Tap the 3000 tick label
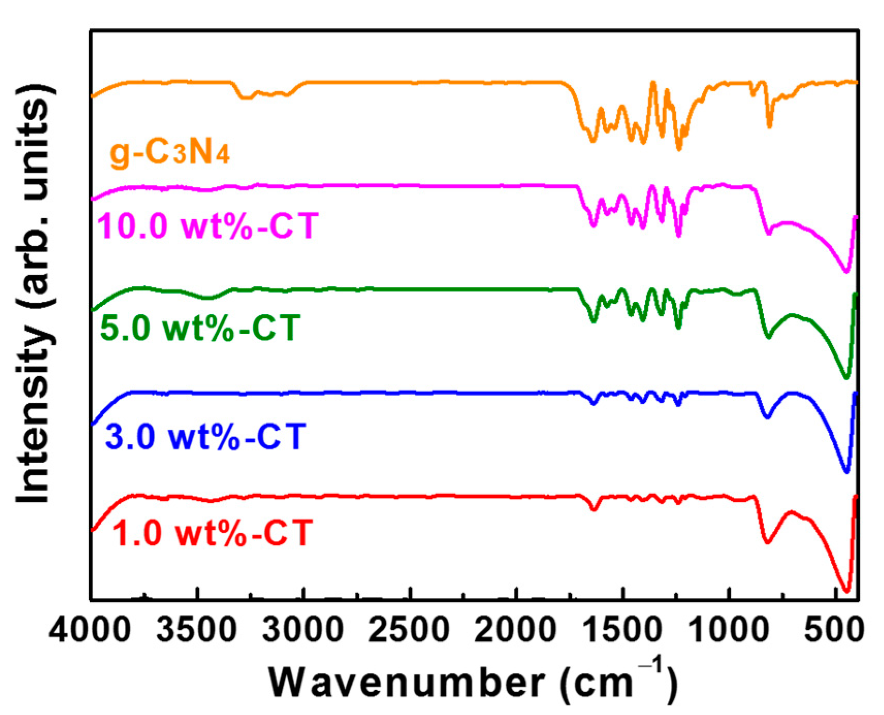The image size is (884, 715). [303, 630]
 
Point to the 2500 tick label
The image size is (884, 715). [409, 630]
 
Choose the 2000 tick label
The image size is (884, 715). [515, 630]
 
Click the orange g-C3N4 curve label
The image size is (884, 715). [170, 153]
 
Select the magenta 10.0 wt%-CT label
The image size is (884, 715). [207, 225]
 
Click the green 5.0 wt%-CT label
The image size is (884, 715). [200, 328]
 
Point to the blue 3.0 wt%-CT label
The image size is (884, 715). [205, 436]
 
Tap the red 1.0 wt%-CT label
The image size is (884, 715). [212, 532]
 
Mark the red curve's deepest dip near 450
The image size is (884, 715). [846, 591]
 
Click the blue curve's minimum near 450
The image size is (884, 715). [846, 471]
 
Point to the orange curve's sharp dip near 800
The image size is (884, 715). [769, 125]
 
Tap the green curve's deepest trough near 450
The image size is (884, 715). [846, 378]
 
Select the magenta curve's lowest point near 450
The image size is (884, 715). [846, 271]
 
